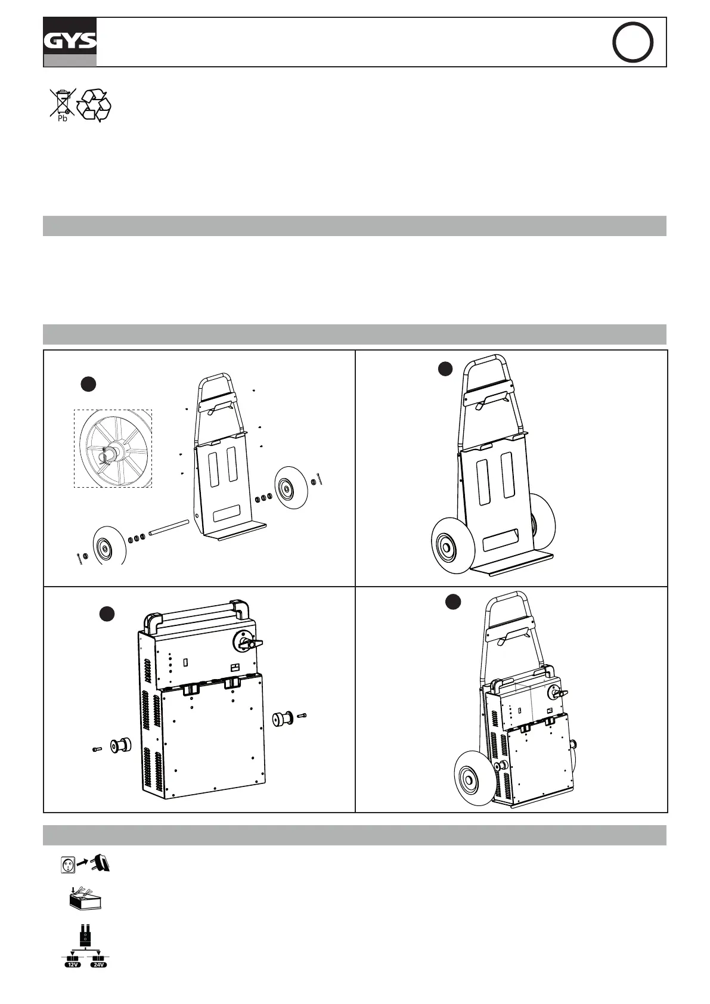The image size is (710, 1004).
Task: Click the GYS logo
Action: tap(70, 42)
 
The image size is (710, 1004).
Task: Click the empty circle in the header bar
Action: tap(633, 42)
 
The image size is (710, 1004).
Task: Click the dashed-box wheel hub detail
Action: tap(113, 448)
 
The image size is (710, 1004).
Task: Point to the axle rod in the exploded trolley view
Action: tap(169, 528)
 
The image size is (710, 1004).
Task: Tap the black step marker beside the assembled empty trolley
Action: tap(444, 369)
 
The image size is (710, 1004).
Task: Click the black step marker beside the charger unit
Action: tap(106, 613)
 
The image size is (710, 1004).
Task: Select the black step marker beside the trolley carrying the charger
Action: tap(453, 602)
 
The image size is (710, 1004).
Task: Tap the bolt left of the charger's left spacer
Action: tap(98, 749)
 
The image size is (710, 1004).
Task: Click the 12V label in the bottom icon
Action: tap(73, 964)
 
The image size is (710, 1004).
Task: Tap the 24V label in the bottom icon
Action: tap(98, 964)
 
